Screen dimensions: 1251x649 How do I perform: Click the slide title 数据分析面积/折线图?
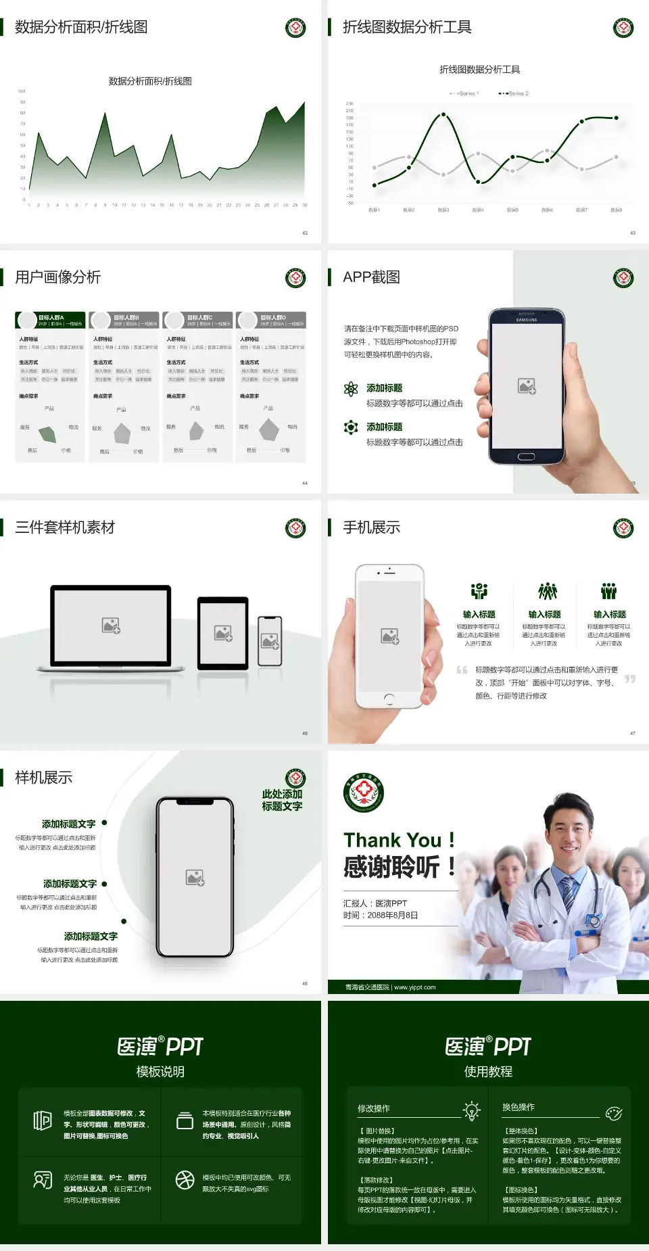click(81, 27)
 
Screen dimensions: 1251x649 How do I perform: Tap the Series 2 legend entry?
click(514, 93)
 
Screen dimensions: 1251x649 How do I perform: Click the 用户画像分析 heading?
click(58, 277)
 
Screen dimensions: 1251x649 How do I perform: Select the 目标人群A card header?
click(51, 320)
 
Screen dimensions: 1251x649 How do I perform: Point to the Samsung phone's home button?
click(526, 456)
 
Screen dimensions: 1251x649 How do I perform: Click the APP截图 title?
click(371, 277)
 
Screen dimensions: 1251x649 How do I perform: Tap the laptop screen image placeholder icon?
click(111, 625)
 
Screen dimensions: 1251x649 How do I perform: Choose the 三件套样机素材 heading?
click(65, 527)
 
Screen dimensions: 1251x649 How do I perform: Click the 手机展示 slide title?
click(371, 527)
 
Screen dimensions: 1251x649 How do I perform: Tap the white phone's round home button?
click(389, 698)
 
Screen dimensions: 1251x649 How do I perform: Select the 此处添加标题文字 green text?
click(282, 800)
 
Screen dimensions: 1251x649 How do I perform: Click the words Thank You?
click(392, 840)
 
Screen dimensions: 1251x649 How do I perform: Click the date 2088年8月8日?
click(393, 916)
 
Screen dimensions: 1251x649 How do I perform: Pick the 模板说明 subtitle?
click(160, 1072)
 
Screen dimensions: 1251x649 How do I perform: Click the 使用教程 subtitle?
click(488, 1072)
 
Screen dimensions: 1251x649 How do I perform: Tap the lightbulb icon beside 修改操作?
click(471, 1110)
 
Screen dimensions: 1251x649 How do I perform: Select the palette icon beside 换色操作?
click(614, 1113)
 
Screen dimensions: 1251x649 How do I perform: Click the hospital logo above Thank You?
click(364, 793)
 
